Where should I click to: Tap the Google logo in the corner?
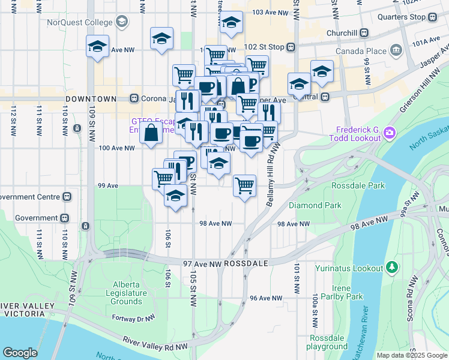tap(20, 353)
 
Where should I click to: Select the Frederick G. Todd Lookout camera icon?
tap(389, 131)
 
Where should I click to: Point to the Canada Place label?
tap(360, 51)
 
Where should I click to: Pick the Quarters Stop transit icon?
tap(432, 17)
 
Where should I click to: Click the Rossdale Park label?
tap(358, 185)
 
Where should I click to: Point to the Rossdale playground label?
tap(327, 342)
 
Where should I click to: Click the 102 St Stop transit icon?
tap(291, 47)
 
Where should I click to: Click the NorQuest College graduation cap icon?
tap(122, 23)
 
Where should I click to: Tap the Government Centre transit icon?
tap(68, 196)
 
